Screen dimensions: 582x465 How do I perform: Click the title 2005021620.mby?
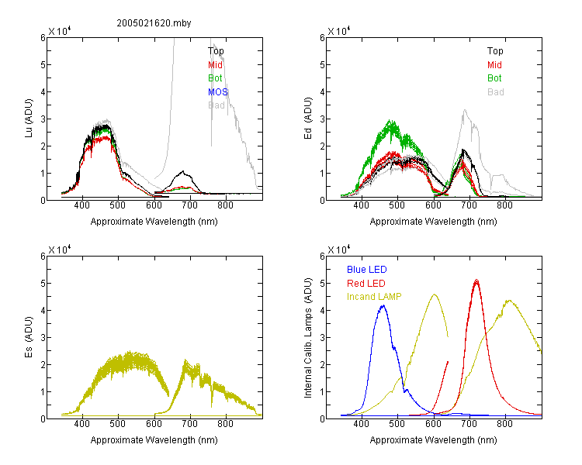[x=154, y=23]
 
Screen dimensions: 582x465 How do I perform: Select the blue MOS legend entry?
[x=218, y=92]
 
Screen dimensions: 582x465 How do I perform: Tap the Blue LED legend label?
[x=367, y=270]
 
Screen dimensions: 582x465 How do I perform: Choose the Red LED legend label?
[x=366, y=284]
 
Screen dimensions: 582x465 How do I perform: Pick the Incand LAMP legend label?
[x=374, y=297]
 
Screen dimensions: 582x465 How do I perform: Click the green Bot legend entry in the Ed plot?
[x=494, y=78]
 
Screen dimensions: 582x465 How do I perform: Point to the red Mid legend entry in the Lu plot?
[x=215, y=65]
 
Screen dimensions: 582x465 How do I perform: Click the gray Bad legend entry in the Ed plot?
[x=496, y=92]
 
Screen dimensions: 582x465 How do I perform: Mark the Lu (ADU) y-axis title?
[x=29, y=119]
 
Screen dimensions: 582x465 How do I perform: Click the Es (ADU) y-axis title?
[x=29, y=336]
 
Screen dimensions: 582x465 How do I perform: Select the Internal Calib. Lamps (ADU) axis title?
[x=308, y=338]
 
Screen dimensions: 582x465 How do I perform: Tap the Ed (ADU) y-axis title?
[x=308, y=119]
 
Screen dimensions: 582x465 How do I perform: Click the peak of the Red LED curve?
[x=476, y=280]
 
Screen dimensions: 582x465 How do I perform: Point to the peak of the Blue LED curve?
[x=383, y=305]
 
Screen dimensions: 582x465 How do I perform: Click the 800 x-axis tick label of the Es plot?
[x=225, y=424]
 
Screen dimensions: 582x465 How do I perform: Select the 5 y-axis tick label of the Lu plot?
[x=43, y=65]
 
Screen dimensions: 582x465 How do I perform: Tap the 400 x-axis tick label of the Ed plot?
[x=361, y=205]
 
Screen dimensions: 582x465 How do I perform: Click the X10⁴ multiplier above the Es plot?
[x=60, y=250]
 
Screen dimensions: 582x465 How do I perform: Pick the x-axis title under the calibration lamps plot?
[x=433, y=440]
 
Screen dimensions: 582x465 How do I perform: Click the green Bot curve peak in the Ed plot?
[x=390, y=120]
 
